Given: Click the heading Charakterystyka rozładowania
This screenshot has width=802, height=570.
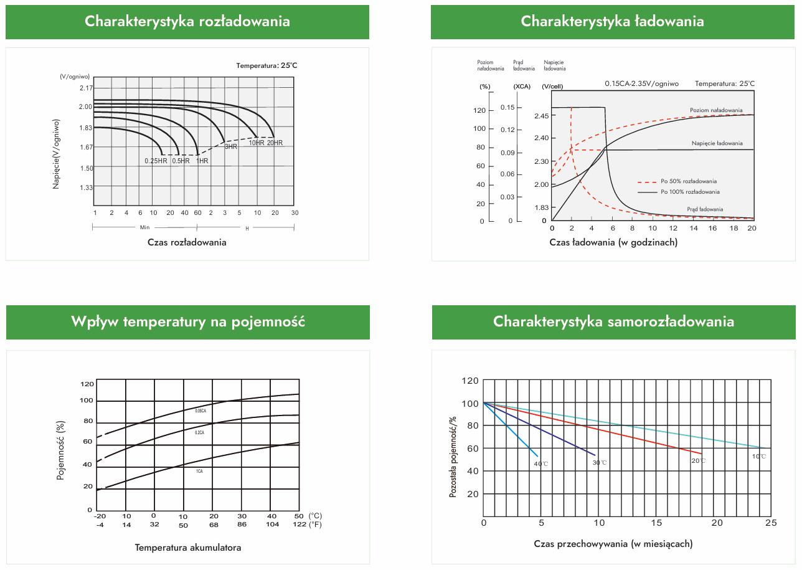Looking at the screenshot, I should click(187, 21).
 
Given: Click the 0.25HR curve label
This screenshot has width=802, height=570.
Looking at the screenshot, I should click(156, 161).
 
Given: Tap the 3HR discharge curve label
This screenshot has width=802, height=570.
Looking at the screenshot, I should click(231, 146).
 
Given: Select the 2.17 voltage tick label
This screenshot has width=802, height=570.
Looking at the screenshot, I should click(86, 88).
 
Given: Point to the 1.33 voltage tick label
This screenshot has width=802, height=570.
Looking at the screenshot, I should click(86, 188).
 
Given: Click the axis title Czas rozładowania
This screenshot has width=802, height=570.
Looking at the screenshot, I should click(187, 242).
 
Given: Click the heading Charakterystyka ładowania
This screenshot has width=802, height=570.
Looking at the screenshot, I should click(613, 21).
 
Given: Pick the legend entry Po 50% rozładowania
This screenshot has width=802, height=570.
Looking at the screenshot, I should click(689, 181).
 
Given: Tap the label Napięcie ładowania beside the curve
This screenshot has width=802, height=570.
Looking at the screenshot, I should click(717, 143).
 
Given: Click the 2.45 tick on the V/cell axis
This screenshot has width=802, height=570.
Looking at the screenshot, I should click(542, 115).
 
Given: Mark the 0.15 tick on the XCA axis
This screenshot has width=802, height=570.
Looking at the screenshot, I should click(507, 108).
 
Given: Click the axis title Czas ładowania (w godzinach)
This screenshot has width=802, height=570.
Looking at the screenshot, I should click(613, 242).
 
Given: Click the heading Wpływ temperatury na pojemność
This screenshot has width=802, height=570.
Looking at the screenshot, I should click(188, 321).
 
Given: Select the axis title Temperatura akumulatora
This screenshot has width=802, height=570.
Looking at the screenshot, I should click(188, 548).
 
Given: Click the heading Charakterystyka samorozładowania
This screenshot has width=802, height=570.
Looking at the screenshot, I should click(613, 321).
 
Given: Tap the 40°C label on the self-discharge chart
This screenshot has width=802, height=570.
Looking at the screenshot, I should click(540, 464).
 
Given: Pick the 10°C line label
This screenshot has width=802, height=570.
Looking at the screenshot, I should click(758, 456).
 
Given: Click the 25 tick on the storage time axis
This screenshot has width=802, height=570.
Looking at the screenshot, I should click(771, 522).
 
